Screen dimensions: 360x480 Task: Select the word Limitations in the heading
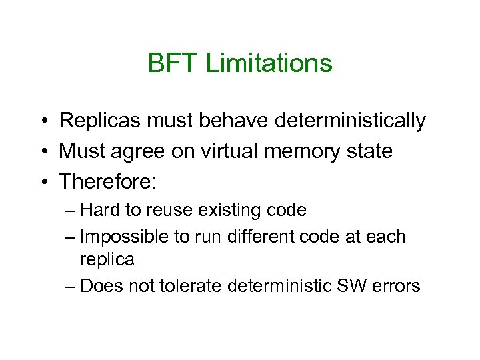pyautogui.click(x=269, y=64)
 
